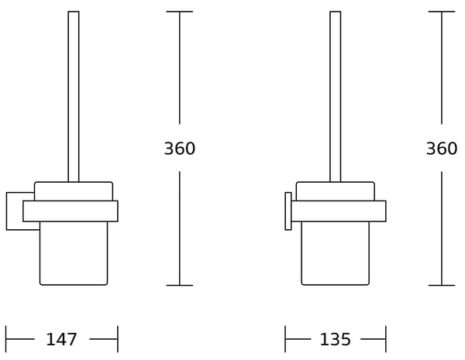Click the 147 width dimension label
(61, 339)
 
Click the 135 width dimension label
(335, 339)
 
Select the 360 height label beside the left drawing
(180, 149)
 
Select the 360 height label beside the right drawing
(442, 149)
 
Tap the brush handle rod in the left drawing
(74, 97)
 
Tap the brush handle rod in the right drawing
(336, 97)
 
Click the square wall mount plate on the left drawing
(14, 211)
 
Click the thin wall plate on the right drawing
(288, 211)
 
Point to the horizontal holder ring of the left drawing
(71, 211)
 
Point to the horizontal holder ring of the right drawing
(339, 211)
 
